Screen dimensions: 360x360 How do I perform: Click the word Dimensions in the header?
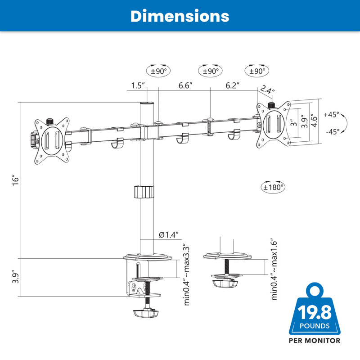click(x=180, y=16)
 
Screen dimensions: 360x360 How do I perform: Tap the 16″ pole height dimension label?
click(x=15, y=180)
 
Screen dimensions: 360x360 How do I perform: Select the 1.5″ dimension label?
click(x=138, y=85)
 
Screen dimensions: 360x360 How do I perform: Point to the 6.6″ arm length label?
click(x=185, y=85)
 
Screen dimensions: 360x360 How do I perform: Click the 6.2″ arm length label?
click(x=232, y=85)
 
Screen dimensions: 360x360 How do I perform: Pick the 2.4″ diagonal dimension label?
click(x=267, y=90)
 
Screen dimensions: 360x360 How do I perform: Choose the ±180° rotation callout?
click(x=273, y=187)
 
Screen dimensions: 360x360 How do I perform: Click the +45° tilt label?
click(x=331, y=114)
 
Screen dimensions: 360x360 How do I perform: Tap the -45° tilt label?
click(x=333, y=132)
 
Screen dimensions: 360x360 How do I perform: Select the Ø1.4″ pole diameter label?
click(x=169, y=234)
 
